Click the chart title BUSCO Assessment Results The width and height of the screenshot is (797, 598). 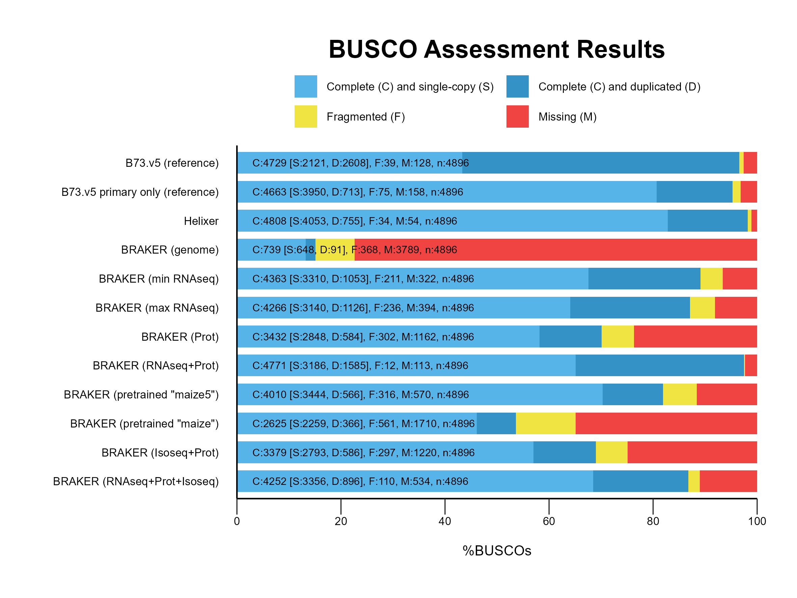496,49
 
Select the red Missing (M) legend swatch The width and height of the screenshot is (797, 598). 517,116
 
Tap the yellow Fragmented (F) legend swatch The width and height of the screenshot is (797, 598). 306,116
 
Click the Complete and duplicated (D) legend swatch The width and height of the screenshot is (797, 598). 517,86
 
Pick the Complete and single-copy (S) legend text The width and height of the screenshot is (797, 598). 410,87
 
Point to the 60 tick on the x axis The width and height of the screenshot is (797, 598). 548,521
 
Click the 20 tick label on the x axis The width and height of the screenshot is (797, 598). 340,521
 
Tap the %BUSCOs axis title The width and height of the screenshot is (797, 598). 496,551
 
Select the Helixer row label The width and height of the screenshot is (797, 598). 201,221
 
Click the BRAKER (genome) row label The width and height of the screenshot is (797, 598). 170,250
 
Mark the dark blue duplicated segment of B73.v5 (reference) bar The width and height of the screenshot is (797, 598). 612,163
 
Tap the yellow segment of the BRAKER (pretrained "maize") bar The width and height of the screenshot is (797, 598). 545,423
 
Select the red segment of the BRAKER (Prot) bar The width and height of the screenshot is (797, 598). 695,337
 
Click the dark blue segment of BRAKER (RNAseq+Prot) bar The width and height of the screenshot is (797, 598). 659,365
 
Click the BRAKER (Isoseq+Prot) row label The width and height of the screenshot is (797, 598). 160,453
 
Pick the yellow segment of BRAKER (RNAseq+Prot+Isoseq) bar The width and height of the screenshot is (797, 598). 694,482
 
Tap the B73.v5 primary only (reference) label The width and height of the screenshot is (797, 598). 140,192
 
